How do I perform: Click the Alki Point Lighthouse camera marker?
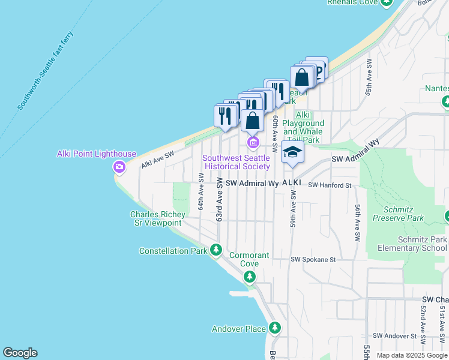pyautogui.click(x=119, y=167)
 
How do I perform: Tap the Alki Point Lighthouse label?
pyautogui.click(x=97, y=154)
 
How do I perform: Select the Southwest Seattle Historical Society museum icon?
pyautogui.click(x=253, y=143)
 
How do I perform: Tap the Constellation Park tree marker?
pyautogui.click(x=216, y=250)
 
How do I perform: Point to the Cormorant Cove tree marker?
pyautogui.click(x=249, y=277)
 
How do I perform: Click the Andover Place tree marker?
pyautogui.click(x=275, y=328)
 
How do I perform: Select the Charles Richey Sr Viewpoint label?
pyautogui.click(x=155, y=218)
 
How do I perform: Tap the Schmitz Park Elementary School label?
pyautogui.click(x=413, y=244)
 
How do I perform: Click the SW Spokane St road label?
pyautogui.click(x=312, y=260)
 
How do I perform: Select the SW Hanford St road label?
pyautogui.click(x=330, y=186)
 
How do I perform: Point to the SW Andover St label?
pyautogui.click(x=395, y=335)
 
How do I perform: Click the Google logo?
pyautogui.click(x=20, y=353)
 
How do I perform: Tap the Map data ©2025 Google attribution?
pyautogui.click(x=412, y=355)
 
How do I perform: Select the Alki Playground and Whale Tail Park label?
pyautogui.click(x=303, y=127)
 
